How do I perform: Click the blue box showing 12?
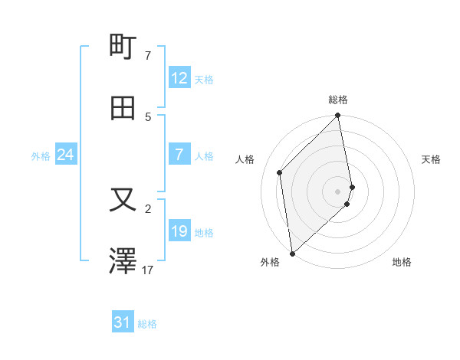(x=179, y=78)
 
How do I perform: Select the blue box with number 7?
(x=179, y=155)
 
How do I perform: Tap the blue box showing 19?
(x=179, y=231)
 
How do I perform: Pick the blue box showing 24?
(x=66, y=155)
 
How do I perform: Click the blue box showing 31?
(x=123, y=323)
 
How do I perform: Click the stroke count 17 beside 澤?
(x=148, y=270)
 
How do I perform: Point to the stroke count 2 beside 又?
(x=148, y=208)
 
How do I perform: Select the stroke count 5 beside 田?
(x=148, y=116)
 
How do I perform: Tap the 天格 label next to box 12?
(x=204, y=80)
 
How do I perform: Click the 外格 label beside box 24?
(x=41, y=156)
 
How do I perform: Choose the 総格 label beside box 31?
(x=147, y=324)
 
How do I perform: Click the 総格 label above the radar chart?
(x=338, y=100)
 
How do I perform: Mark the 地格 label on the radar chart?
(x=402, y=262)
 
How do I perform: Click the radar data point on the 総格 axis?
(x=338, y=116)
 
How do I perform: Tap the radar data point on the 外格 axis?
(x=292, y=253)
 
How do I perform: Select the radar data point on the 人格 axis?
(x=280, y=172)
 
